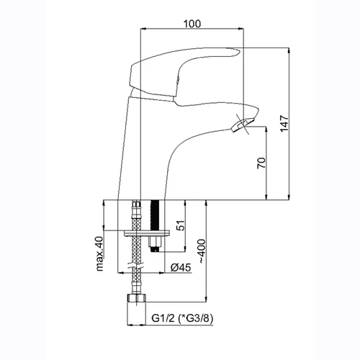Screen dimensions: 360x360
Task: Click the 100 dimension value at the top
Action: [192, 24]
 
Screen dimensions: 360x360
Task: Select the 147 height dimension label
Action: [284, 123]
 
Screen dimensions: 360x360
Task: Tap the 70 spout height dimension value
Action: [261, 163]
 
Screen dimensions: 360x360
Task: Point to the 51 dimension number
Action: [181, 225]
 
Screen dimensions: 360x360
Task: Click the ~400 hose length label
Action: [202, 251]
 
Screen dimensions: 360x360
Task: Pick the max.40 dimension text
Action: [100, 253]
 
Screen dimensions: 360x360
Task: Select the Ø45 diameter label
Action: [181, 267]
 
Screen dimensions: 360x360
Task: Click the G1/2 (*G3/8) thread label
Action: [182, 318]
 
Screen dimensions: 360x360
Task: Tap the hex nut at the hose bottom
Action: [136, 298]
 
